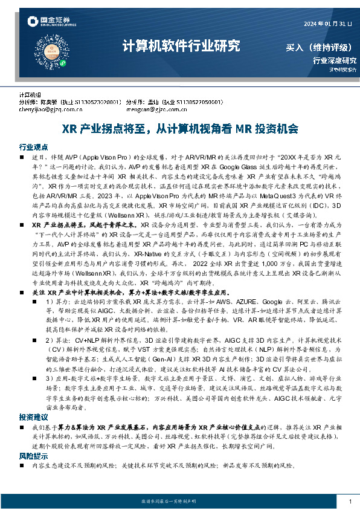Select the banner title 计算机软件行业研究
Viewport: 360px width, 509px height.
pos(181,46)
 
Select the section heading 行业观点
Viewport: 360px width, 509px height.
pos(34,147)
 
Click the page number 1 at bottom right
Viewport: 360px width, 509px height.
pos(350,502)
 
